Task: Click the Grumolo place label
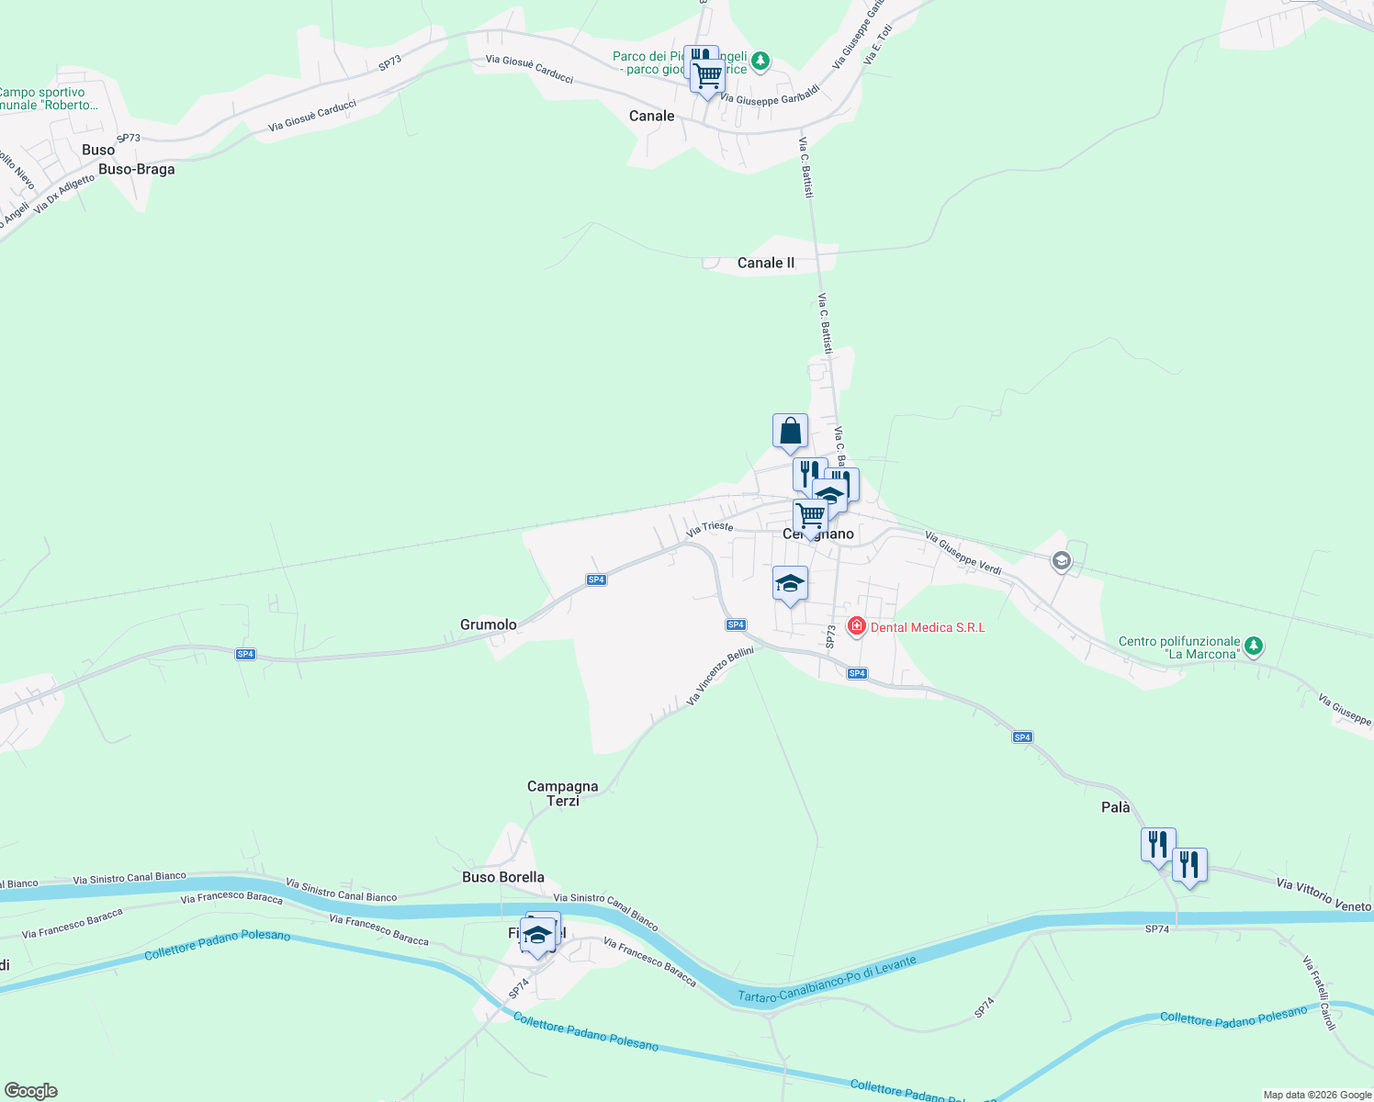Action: pos(488,624)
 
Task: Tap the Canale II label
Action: pos(765,263)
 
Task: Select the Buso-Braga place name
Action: pos(136,169)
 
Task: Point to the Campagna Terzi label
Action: pos(562,793)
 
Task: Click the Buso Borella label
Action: pos(503,877)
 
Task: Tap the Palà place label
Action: pos(1115,807)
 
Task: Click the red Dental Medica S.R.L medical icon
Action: pos(857,626)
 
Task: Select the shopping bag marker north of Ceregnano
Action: pos(790,431)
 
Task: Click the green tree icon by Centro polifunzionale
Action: pos(1254,647)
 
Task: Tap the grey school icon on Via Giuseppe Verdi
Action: pos(1062,560)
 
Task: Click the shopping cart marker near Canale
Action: pos(707,75)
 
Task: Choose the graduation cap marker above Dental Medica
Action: pos(790,583)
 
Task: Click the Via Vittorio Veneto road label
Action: pos(1323,894)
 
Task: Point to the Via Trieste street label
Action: pos(710,528)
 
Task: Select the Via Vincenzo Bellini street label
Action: pos(720,676)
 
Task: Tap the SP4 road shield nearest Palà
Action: pos(1022,737)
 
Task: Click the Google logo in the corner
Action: pos(31,1091)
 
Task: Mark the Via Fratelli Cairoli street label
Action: pos(1318,992)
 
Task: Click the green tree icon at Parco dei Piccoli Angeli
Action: pos(760,62)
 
